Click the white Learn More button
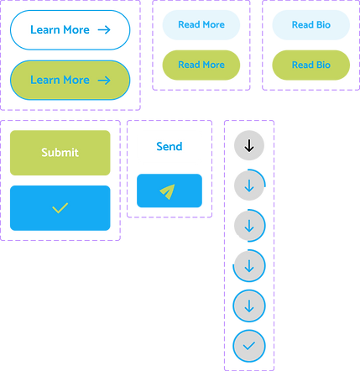click(x=70, y=29)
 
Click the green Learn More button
click(x=70, y=80)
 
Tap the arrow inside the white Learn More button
click(x=104, y=29)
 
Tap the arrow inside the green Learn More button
click(x=104, y=80)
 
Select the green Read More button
click(x=201, y=65)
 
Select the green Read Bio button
click(x=310, y=65)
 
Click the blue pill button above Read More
click(x=201, y=25)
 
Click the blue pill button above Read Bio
click(x=310, y=25)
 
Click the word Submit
click(x=60, y=153)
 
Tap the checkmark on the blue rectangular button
click(x=60, y=207)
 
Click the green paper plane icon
click(x=168, y=192)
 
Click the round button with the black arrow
click(x=249, y=146)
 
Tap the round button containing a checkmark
click(x=249, y=345)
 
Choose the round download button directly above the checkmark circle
click(x=249, y=306)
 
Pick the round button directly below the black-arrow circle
click(x=249, y=185)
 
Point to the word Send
click(x=169, y=147)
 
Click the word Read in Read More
click(x=189, y=65)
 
